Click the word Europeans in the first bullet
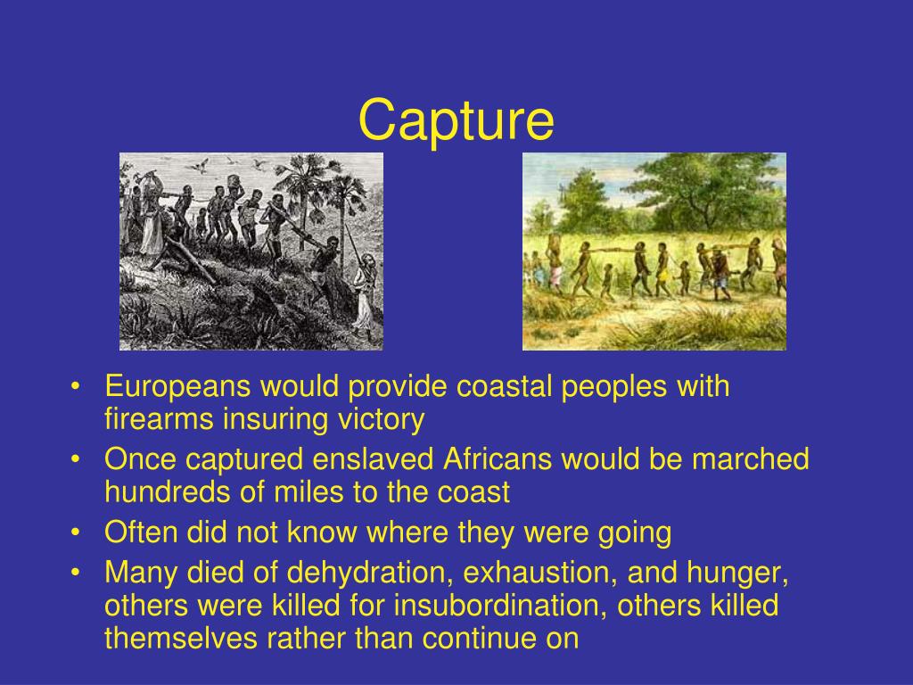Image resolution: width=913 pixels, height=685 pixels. [177, 387]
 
